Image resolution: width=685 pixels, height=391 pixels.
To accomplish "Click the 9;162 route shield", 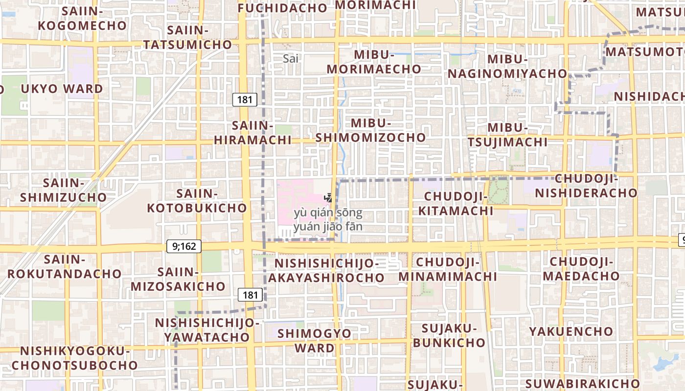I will tap(184, 246).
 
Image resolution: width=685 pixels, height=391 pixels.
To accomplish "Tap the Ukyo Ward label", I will tap(62, 89).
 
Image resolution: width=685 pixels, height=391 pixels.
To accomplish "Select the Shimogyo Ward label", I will tap(315, 341).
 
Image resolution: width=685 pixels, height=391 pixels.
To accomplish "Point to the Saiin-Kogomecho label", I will tap(82, 18).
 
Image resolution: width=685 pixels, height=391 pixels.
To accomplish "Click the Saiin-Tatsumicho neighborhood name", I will tap(187, 37).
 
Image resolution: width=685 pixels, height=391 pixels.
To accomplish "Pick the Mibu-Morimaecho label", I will tap(374, 62).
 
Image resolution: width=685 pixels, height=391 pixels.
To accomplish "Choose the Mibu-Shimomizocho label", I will tap(370, 130).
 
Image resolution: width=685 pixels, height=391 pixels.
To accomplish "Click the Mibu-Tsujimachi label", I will tap(507, 135).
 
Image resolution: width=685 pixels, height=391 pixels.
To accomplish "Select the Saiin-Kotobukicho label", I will tap(197, 200).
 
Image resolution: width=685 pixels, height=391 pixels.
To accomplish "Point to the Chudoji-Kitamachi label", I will tap(458, 203).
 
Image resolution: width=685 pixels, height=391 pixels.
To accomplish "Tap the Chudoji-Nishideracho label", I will tap(586, 185).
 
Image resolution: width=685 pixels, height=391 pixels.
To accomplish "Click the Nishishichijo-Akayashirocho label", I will tap(326, 270).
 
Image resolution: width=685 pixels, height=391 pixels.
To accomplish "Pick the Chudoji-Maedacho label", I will tap(581, 269).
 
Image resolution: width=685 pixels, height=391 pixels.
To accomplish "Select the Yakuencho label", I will tap(571, 331).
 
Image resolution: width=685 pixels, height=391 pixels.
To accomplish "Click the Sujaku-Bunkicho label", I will tap(449, 335).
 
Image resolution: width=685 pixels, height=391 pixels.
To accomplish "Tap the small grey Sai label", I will tap(290, 59).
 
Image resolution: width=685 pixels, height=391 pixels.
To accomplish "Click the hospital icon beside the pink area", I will tap(328, 198).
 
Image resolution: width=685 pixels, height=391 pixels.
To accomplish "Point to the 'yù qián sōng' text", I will tap(328, 213).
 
